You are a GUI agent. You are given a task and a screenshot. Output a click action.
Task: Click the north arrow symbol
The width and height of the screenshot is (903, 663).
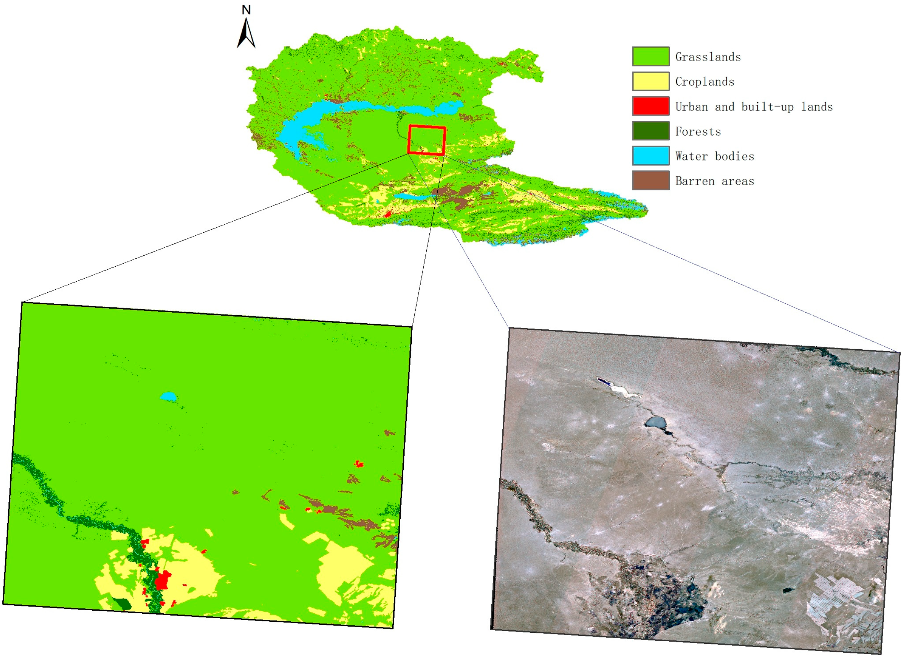coord(246,34)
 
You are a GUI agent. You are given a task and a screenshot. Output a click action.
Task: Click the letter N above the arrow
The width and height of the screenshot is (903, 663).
coord(246,10)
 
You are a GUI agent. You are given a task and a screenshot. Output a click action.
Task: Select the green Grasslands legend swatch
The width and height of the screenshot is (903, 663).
coord(650,56)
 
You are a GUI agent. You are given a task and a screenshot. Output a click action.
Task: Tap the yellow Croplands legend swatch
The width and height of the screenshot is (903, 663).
coord(650,81)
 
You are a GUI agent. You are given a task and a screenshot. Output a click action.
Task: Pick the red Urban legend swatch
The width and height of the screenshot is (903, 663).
coord(650,106)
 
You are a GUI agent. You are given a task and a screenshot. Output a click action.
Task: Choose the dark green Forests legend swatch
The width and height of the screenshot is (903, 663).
coord(650,131)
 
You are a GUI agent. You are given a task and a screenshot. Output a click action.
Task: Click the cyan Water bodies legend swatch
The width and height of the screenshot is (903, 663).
coord(650,156)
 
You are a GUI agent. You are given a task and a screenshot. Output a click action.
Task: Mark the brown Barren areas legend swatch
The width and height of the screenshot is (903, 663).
coord(650,181)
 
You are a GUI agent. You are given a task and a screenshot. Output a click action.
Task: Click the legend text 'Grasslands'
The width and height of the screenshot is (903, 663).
coord(708,57)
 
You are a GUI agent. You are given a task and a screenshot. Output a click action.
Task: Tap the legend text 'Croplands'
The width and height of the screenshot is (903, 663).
coord(705,82)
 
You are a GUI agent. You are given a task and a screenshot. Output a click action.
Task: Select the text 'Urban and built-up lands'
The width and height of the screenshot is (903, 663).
coord(754,107)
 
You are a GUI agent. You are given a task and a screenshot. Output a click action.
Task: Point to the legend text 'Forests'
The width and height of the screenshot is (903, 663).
coord(698,131)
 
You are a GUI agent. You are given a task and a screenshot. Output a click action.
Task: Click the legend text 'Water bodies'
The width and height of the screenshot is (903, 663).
coord(715,156)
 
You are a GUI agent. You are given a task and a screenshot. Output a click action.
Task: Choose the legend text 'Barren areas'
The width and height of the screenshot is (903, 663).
coord(715,181)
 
